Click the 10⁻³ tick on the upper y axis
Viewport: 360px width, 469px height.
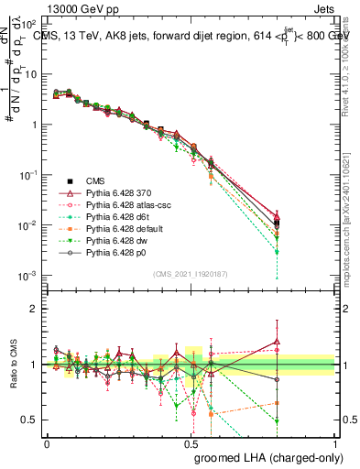click(x=29, y=276)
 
